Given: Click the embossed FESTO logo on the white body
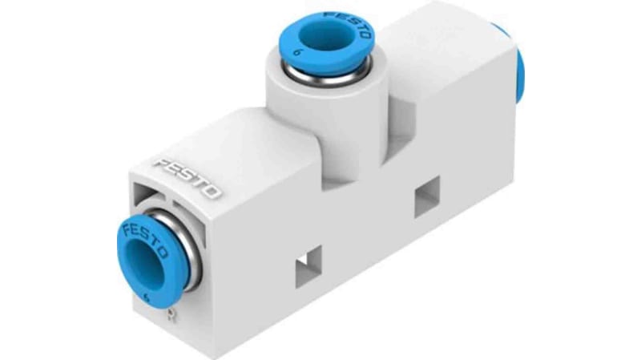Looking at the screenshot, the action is pyautogui.click(x=188, y=178).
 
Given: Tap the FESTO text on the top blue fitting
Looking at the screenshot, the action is pyautogui.click(x=348, y=25).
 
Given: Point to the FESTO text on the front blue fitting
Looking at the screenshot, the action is pyautogui.click(x=146, y=240).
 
